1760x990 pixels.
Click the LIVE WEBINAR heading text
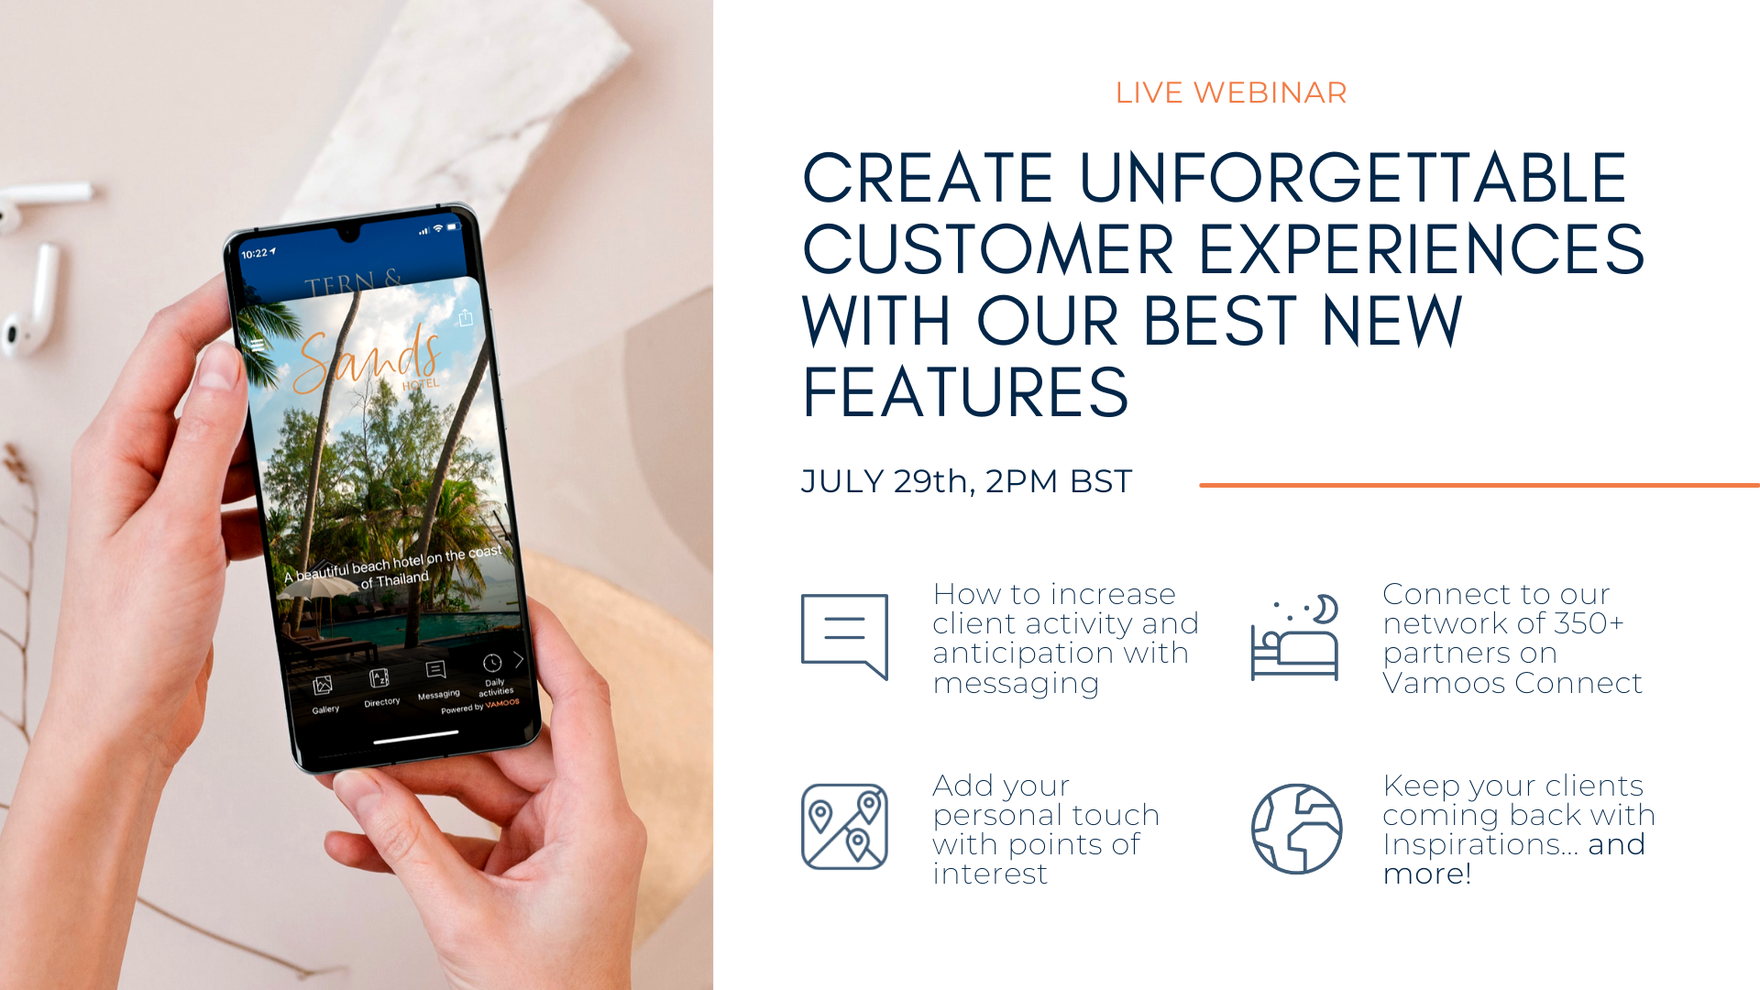pos(1231,93)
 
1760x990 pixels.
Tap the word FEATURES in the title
pos(965,392)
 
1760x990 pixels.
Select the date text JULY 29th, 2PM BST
pos(966,481)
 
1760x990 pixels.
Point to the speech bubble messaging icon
pos(844,636)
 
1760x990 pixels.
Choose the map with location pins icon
pos(844,826)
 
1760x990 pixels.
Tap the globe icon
pos(1296,829)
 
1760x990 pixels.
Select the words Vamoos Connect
pos(1512,683)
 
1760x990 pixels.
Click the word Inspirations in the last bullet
pos(1479,844)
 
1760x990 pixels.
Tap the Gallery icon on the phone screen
pos(323,686)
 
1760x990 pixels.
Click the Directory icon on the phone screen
pos(379,678)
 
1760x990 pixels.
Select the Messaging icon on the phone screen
pos(435,670)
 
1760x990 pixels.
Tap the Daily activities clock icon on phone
pos(492,663)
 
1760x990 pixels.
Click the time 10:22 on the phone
pos(255,253)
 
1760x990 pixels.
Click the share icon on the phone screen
pos(466,317)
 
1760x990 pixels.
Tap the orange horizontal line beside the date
pos(1479,485)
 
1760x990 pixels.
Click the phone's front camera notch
pos(349,236)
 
